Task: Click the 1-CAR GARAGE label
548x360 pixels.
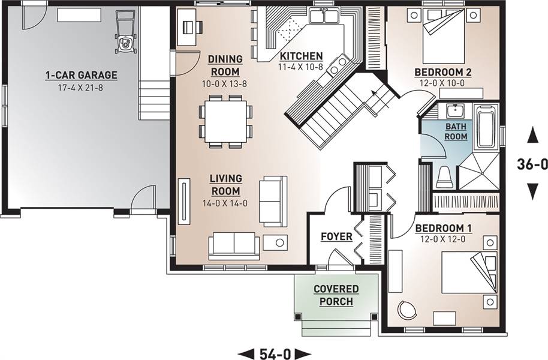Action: (x=81, y=75)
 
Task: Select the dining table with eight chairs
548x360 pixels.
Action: (x=225, y=121)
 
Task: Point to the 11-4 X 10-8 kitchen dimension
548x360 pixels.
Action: (x=300, y=67)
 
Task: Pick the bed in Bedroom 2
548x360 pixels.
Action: (x=444, y=35)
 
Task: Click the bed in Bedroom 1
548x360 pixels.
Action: (x=469, y=272)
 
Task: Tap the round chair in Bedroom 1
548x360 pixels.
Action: (x=407, y=310)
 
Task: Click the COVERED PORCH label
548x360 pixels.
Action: (x=336, y=295)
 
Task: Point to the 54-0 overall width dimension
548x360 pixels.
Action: (x=275, y=353)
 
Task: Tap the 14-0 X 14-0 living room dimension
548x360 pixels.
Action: (x=225, y=203)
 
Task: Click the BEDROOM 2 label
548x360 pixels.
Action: (x=443, y=72)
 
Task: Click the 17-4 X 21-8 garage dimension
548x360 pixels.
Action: (x=80, y=88)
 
